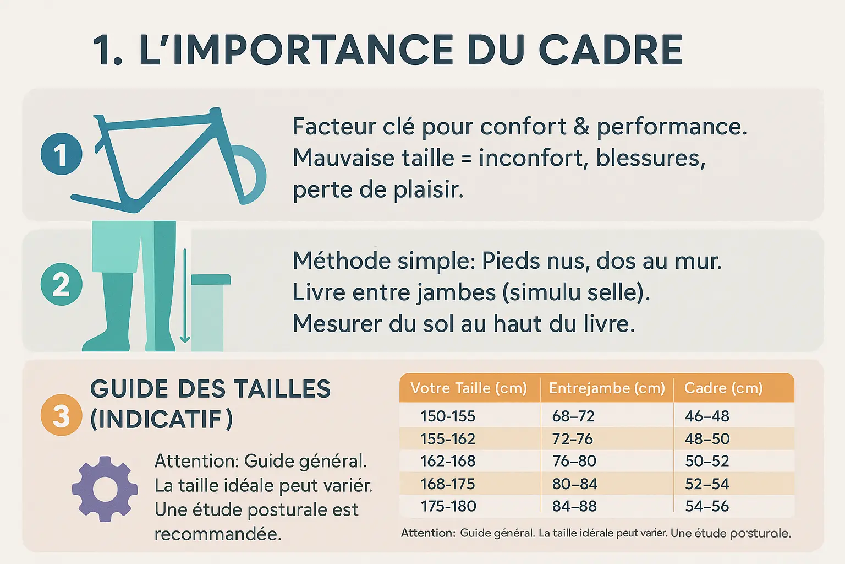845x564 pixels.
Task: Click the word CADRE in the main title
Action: (x=610, y=50)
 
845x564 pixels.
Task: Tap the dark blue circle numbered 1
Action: (x=61, y=154)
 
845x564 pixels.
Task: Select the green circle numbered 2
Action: (x=61, y=284)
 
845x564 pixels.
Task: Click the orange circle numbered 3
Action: (x=61, y=415)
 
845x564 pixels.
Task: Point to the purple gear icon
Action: (x=105, y=489)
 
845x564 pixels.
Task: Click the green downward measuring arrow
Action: (x=185, y=296)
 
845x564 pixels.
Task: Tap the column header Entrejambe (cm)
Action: (x=607, y=388)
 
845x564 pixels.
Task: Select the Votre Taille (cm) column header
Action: (x=469, y=388)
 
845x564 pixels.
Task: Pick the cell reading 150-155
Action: (x=448, y=416)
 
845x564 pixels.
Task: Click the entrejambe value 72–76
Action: (x=573, y=439)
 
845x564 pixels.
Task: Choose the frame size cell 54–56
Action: (x=707, y=506)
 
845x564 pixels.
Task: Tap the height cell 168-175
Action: (x=448, y=484)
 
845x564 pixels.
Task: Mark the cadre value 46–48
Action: (x=707, y=416)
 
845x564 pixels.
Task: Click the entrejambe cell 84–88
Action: (x=574, y=506)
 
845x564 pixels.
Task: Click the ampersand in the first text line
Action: (x=581, y=126)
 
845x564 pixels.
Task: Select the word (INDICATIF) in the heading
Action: (x=161, y=419)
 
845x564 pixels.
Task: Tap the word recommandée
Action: (x=218, y=534)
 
